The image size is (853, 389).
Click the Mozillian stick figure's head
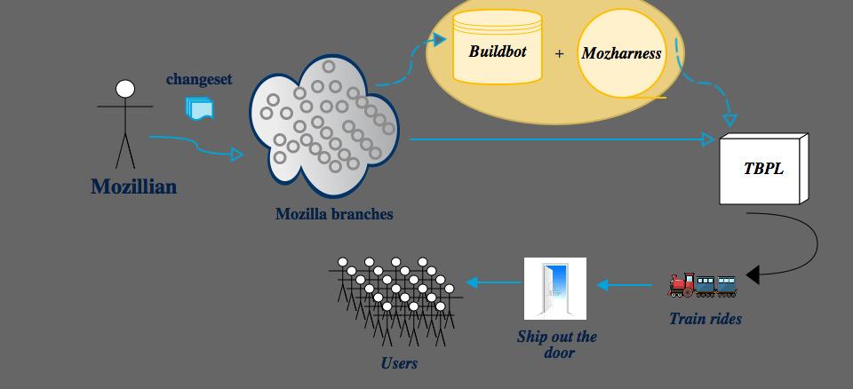tap(125, 89)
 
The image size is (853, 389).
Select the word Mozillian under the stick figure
tap(133, 187)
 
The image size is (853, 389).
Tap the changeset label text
tap(199, 79)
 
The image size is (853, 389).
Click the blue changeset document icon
tap(199, 108)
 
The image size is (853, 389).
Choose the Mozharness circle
tap(621, 53)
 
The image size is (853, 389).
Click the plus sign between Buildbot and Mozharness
tap(559, 53)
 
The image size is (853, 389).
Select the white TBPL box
tap(763, 169)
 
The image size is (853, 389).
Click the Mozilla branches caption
tap(334, 214)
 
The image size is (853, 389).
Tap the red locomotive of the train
tap(682, 284)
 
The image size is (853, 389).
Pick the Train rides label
tap(706, 319)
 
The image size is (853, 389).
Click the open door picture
tap(555, 288)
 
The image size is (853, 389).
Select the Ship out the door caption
tap(557, 344)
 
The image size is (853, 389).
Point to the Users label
tap(399, 362)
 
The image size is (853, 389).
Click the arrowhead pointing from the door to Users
tap(472, 282)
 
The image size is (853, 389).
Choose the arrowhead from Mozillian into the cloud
tap(236, 154)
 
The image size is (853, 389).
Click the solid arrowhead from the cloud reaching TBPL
tap(708, 139)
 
